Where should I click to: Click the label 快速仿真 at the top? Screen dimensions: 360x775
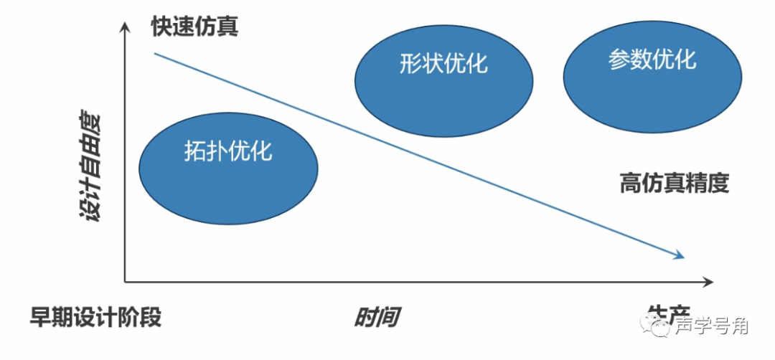pos(194,27)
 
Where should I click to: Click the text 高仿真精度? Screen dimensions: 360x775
pos(675,184)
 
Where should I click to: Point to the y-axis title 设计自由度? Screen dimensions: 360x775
pos(93,166)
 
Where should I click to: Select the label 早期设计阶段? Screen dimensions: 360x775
pos(95,316)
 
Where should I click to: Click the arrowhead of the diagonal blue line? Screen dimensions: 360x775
pos(680,255)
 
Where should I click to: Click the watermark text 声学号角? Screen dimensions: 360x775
pos(712,326)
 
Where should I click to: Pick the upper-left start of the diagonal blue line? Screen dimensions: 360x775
pos(155,53)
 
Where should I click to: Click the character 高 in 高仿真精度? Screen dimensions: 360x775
pos(631,184)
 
